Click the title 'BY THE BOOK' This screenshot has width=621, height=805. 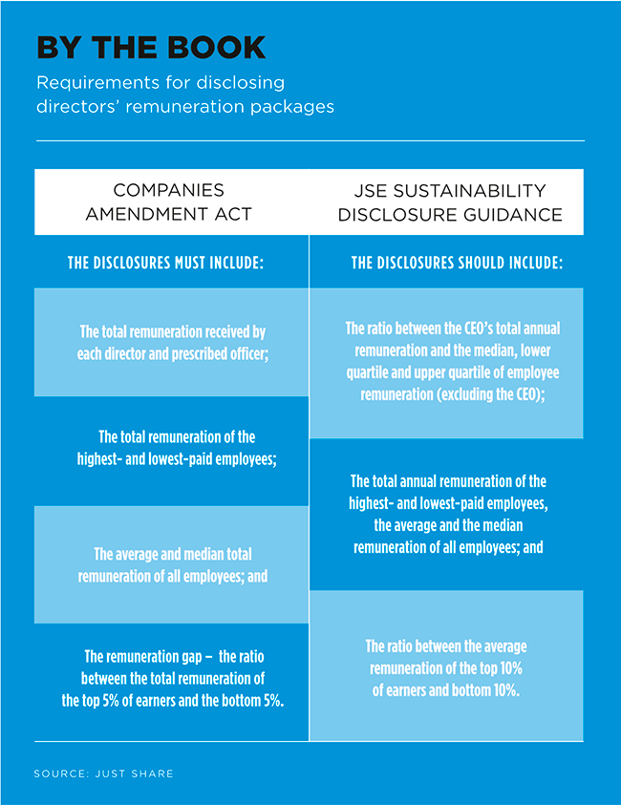151,48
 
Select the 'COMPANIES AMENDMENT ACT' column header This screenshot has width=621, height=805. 169,201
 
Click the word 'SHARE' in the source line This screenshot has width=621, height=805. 153,773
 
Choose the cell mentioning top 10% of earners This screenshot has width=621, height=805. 447,667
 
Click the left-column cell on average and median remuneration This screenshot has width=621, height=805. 172,564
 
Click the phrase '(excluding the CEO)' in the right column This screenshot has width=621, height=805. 487,393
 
